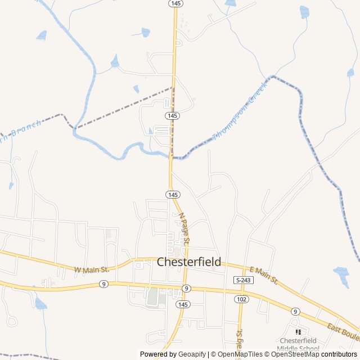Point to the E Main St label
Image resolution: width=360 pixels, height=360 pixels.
point(264,275)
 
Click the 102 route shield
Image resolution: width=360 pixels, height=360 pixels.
point(241,299)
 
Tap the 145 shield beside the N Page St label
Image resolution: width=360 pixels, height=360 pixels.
point(173,194)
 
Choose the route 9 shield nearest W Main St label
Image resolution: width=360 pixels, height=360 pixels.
point(103,284)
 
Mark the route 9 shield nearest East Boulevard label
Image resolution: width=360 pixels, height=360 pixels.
point(295,311)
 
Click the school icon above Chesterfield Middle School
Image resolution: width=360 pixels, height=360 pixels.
point(298,332)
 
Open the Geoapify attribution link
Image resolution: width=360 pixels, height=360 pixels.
point(193,354)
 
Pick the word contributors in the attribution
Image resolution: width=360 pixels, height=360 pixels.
point(339,354)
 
